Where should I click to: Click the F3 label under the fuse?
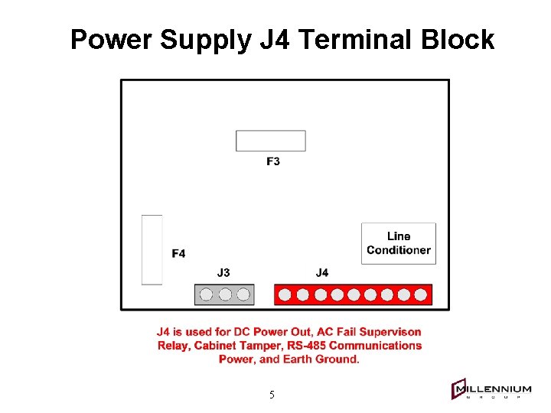273,161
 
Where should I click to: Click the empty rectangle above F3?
270,141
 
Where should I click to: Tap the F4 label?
178,253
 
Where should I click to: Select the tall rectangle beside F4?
152,249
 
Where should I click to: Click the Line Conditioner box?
399,243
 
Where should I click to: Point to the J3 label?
223,272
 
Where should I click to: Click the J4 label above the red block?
322,272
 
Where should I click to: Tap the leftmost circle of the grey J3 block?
207,294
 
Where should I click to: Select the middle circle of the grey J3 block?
225,294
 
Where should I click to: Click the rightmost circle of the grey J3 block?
243,294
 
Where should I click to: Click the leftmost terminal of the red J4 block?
286,294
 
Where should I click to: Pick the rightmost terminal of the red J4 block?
421,294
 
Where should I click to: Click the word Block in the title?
458,39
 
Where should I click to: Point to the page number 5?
272,395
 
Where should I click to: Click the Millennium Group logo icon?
459,390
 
